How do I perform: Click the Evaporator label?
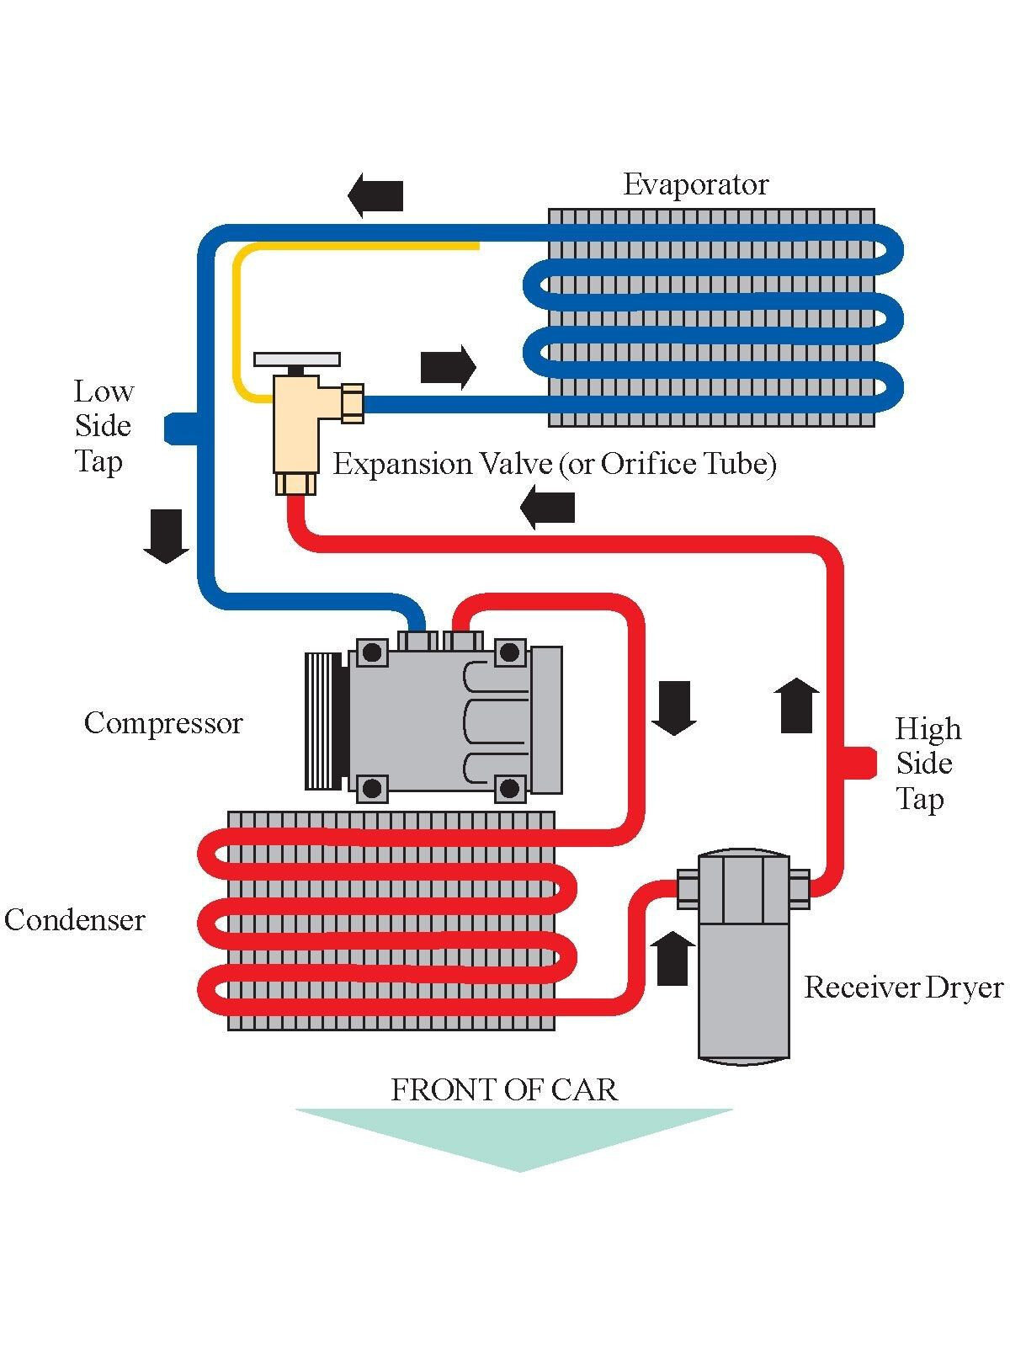pos(695,185)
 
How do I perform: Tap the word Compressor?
pos(163,723)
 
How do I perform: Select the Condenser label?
pos(75,919)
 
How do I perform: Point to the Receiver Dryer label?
pos(903,988)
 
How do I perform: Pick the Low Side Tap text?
pos(103,426)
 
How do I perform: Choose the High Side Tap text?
pos(928,764)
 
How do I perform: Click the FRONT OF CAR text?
pos(504,1090)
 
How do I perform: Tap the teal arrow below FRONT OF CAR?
pos(515,1137)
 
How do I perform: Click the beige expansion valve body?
pos(295,429)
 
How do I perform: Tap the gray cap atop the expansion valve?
pos(297,359)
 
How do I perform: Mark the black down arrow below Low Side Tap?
pos(166,536)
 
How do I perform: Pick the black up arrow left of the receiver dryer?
pos(672,958)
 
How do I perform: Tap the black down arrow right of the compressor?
pos(673,708)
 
